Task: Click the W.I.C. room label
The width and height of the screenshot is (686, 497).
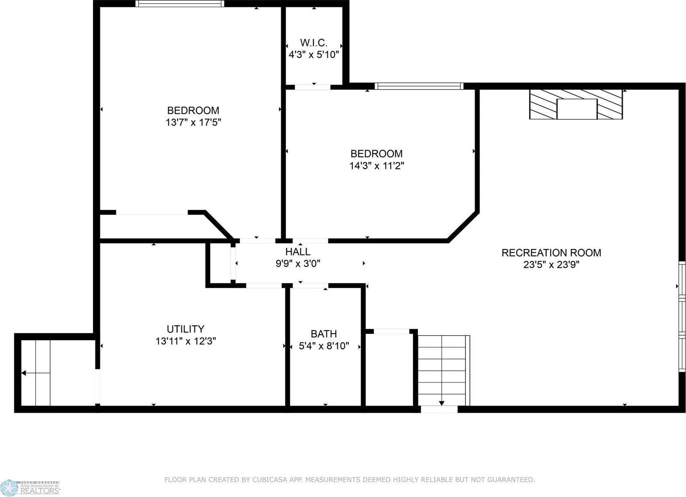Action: tap(314, 43)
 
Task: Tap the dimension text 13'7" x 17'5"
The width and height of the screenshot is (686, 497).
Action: tap(193, 123)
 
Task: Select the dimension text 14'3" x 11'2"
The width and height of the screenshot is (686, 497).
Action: tap(377, 166)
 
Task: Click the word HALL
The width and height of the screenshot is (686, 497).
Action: tap(298, 252)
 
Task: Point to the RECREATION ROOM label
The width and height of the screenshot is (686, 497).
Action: tap(551, 253)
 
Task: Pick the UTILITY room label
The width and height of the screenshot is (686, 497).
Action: tap(185, 329)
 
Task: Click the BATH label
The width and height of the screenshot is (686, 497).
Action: tap(323, 334)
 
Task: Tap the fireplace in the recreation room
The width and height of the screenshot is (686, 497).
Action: tap(576, 104)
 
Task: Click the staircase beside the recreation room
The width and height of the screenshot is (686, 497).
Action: tap(442, 370)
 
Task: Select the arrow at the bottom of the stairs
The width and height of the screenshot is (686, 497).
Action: tap(441, 403)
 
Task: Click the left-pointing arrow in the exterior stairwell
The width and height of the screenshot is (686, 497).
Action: tap(24, 373)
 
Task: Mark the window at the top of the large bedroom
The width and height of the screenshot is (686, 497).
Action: tap(180, 4)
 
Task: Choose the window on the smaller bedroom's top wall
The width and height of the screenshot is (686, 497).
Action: tap(419, 86)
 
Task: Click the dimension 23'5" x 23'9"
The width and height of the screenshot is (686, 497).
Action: tap(551, 265)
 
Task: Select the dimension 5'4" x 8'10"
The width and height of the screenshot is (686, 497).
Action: tap(324, 346)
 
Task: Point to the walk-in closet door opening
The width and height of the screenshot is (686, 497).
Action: tap(313, 87)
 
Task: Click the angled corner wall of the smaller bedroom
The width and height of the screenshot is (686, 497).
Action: tap(463, 226)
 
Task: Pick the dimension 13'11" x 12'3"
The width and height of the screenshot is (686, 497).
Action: tap(185, 341)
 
